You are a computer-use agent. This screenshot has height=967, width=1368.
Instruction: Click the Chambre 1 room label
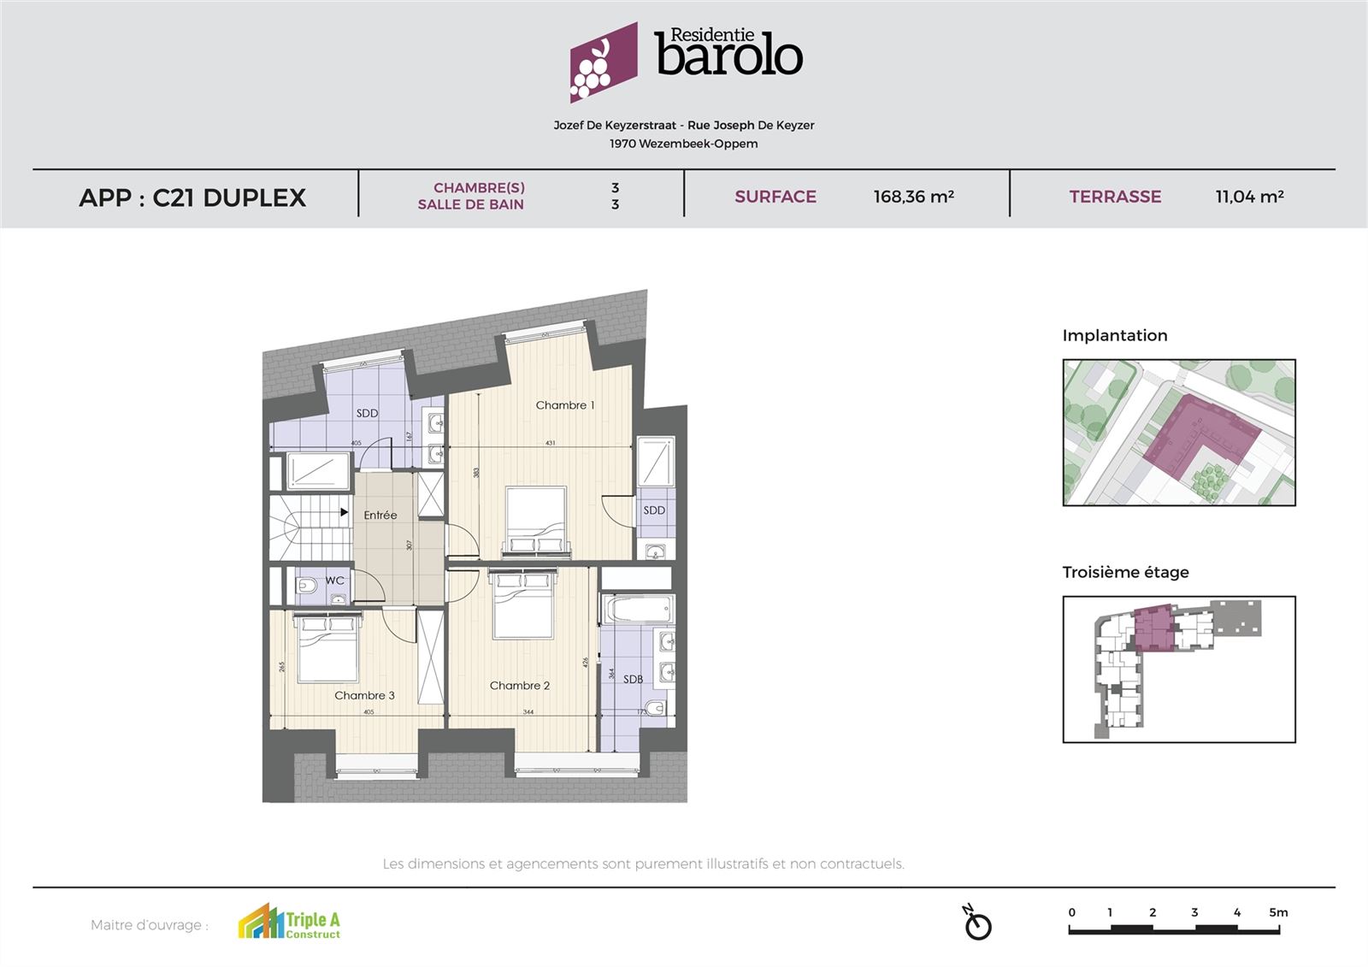click(x=564, y=405)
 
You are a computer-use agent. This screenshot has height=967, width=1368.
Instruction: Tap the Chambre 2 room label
click(x=519, y=686)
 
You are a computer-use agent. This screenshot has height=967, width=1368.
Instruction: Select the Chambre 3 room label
click(x=364, y=696)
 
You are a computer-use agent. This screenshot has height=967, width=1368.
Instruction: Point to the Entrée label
click(x=380, y=516)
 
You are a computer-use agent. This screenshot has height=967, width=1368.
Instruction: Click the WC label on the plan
click(x=334, y=581)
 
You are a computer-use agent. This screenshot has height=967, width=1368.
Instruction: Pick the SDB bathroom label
click(x=633, y=680)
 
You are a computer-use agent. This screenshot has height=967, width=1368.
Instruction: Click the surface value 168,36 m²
click(x=913, y=197)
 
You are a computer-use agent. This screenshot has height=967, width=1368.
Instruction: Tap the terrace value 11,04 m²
click(x=1249, y=197)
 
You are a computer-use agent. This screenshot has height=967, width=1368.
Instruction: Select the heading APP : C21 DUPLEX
click(x=192, y=198)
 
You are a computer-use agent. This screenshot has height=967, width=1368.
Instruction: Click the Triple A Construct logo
click(x=289, y=923)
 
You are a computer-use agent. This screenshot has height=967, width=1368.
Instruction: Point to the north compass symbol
click(x=976, y=923)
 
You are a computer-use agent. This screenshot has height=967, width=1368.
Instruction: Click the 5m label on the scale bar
click(x=1278, y=912)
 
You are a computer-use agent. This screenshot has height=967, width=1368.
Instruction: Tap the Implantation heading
click(x=1114, y=336)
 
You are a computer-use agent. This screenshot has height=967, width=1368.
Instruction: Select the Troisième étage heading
click(x=1125, y=573)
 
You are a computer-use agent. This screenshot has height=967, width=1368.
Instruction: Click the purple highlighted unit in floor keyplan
click(x=1151, y=628)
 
